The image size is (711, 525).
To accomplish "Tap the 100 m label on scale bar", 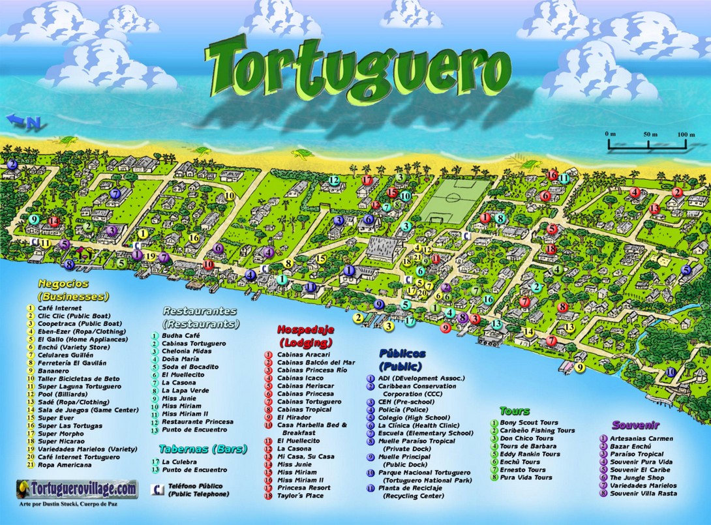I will pos(686,134).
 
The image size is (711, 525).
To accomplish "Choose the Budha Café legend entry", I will pos(181,336).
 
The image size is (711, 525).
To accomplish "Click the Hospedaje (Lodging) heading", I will pos(305,335).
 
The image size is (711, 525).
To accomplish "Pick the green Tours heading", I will pos(515,412).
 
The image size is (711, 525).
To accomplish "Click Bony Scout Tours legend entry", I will pos(528,423).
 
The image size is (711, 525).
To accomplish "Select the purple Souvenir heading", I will pos(635,425).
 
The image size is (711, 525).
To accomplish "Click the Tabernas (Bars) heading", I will pos(192,449).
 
